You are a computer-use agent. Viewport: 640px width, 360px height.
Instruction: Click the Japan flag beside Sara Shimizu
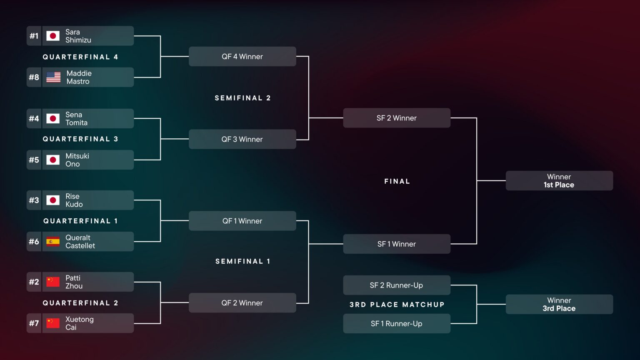tap(53, 36)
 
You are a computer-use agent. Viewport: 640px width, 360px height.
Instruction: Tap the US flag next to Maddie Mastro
tap(53, 77)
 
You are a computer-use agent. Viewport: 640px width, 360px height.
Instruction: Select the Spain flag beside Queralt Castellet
tap(53, 242)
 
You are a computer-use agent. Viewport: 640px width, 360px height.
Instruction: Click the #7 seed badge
tap(34, 323)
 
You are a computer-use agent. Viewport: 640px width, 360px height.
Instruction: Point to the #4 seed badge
tap(34, 118)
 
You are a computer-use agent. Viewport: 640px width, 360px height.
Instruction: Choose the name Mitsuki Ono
tap(77, 160)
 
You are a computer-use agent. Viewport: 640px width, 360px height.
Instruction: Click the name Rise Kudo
tap(74, 200)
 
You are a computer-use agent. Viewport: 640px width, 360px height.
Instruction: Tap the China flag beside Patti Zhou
tap(53, 282)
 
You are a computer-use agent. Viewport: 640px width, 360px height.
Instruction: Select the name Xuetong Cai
tap(79, 323)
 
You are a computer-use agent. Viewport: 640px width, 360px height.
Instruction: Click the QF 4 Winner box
tap(242, 57)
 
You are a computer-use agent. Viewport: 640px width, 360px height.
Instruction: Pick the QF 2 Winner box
tap(242, 303)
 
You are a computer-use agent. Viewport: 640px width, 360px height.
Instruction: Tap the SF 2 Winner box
tap(396, 118)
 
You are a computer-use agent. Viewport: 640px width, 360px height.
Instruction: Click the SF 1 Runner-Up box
tap(396, 324)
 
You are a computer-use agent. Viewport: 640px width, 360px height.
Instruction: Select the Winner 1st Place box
tap(559, 181)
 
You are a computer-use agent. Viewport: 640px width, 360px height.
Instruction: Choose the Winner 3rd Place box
tap(559, 305)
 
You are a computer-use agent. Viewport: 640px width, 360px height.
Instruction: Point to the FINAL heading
tap(397, 181)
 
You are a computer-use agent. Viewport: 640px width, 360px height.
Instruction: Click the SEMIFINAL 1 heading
tap(242, 261)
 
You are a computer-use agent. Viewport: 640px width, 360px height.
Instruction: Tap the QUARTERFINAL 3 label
tap(80, 139)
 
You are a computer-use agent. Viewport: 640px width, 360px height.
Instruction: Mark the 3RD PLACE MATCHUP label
tap(397, 305)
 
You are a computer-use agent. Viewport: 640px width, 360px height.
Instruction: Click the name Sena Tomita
tap(76, 119)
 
